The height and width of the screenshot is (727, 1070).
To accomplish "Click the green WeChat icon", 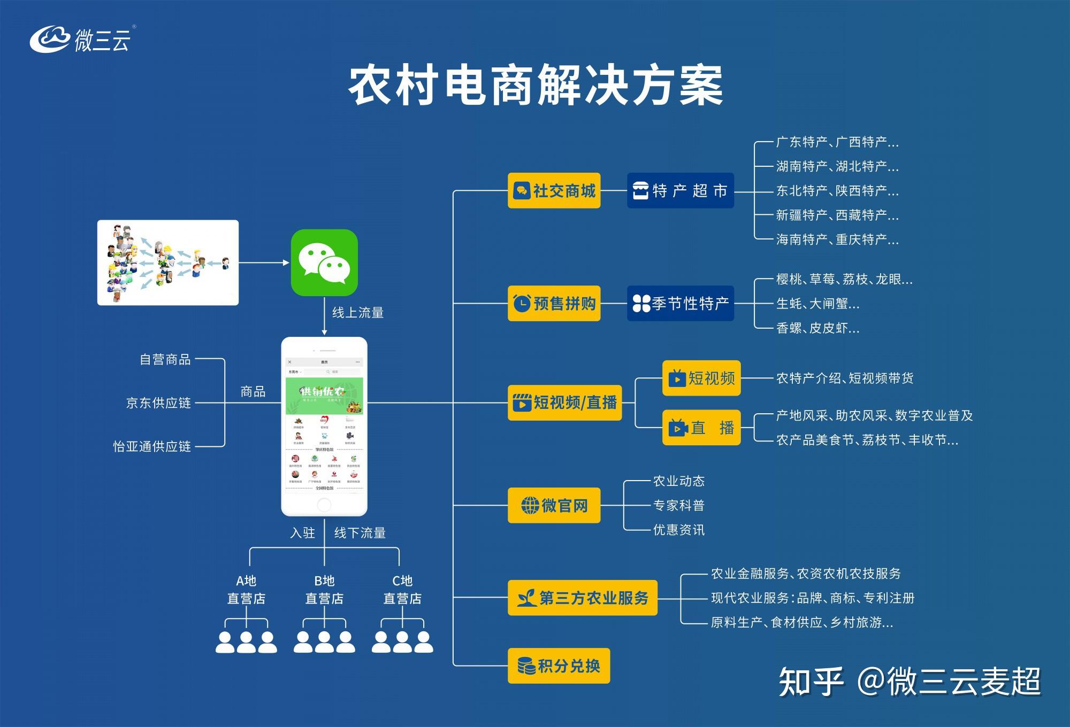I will click(324, 262).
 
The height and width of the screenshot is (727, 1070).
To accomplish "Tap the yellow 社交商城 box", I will click(554, 191).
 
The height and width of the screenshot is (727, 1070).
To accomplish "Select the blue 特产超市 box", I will click(680, 191).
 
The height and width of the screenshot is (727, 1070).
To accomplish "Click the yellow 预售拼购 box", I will click(554, 304).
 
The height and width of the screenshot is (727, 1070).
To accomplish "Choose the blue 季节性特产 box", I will click(680, 304).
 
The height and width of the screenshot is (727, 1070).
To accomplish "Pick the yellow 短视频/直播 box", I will click(564, 403).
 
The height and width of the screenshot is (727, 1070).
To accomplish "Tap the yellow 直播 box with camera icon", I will click(701, 428).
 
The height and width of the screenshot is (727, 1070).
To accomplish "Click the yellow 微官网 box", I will click(554, 505).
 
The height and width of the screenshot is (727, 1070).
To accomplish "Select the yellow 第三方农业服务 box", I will click(582, 598).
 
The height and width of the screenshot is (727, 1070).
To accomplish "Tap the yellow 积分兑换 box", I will click(559, 666).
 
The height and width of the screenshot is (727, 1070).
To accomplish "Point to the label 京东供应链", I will click(158, 403).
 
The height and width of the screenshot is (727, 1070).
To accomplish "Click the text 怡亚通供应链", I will click(152, 446).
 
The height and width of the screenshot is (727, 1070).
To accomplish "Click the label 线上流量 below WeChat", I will click(358, 313).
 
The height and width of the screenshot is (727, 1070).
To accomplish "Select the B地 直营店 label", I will click(324, 590).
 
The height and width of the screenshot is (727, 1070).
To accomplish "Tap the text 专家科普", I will click(678, 505).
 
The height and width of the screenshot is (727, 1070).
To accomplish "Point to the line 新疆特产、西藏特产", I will click(837, 215).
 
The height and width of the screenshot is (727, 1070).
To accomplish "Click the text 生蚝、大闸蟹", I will click(817, 304).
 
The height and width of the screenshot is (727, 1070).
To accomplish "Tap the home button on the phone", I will click(324, 504).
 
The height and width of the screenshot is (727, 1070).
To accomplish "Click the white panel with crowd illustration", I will click(168, 262).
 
